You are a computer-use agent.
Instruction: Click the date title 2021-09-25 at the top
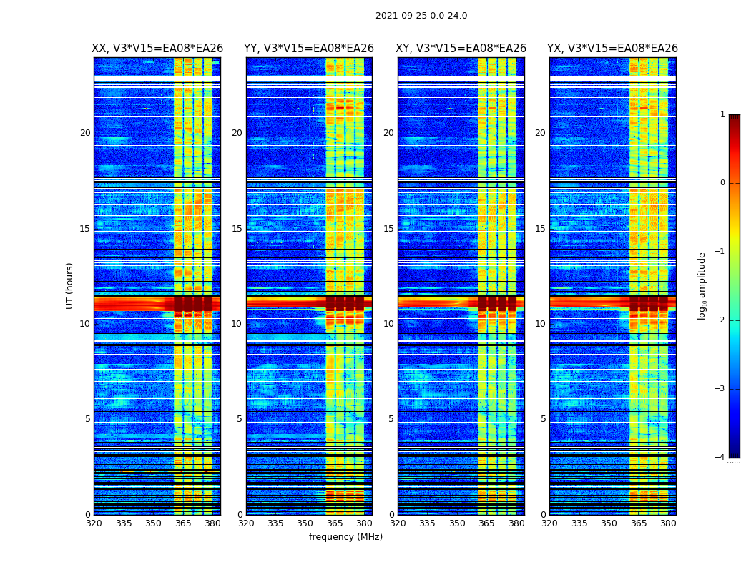point(421,16)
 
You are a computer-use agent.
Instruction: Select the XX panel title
point(157,49)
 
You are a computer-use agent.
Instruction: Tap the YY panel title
point(309,49)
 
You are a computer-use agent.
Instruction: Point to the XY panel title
point(461,49)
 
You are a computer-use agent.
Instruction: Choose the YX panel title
point(612,49)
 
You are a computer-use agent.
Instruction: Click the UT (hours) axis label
point(70,285)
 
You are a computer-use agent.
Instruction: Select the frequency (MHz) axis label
point(345,537)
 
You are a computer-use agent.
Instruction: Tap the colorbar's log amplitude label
point(702,285)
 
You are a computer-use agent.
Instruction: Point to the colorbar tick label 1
point(722,114)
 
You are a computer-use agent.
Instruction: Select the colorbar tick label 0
point(722,183)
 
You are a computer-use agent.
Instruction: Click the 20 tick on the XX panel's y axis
point(85,133)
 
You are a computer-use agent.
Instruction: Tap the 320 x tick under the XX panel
point(94,523)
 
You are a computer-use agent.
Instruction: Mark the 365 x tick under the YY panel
point(335,523)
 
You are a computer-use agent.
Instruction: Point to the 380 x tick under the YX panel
point(668,523)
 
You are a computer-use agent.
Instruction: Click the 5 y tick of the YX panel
point(543,419)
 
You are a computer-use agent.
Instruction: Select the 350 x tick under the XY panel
point(457,523)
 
